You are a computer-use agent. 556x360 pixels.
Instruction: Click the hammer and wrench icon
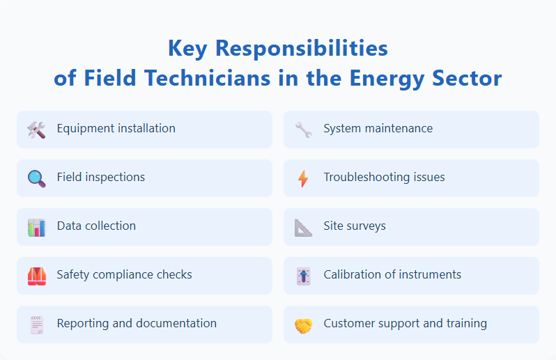[36, 130]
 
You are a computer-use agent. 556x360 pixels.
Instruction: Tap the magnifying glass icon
[36, 178]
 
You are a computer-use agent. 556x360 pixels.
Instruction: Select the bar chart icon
[36, 227]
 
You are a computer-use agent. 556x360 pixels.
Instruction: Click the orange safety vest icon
[36, 276]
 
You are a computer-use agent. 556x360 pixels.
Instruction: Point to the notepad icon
[36, 324]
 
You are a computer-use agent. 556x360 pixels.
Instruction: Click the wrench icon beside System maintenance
[303, 130]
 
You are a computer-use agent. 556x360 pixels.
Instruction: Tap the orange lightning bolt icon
[303, 178]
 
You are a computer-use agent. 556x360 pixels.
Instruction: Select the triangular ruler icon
[303, 227]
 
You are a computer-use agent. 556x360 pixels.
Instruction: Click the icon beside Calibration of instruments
[303, 276]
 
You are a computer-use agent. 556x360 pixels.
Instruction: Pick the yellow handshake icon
[303, 324]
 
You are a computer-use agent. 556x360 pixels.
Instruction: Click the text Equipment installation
[116, 128]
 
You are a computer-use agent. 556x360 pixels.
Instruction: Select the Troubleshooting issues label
[384, 177]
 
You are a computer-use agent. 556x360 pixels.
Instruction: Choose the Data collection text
[96, 226]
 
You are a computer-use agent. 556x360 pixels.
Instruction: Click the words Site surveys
[354, 226]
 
